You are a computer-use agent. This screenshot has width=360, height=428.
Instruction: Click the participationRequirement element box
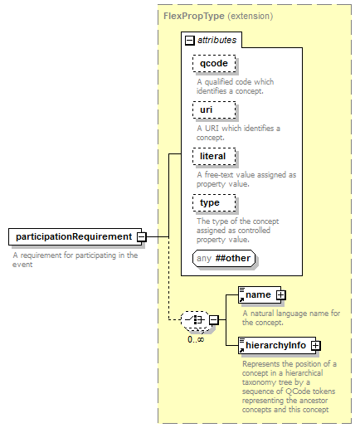click(x=75, y=236)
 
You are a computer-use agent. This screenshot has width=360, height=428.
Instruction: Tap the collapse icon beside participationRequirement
click(x=142, y=237)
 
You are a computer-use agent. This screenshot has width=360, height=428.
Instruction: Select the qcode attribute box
click(x=214, y=64)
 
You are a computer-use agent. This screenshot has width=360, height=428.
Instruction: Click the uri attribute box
click(x=214, y=110)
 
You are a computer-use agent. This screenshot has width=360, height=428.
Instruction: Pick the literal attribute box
click(x=214, y=157)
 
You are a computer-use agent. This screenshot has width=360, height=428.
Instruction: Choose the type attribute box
click(x=214, y=203)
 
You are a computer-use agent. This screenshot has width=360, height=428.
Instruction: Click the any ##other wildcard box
click(x=224, y=259)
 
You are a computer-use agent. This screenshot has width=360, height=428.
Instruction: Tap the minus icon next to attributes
click(x=190, y=41)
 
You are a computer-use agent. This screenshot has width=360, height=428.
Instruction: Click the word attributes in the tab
click(x=217, y=41)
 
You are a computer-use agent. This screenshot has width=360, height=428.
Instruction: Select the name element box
click(x=260, y=295)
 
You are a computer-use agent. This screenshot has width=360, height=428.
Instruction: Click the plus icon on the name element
click(x=280, y=295)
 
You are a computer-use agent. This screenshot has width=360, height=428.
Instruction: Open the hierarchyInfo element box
click(x=277, y=345)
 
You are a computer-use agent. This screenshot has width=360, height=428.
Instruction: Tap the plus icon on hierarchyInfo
click(x=315, y=345)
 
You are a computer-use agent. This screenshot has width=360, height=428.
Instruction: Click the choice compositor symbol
click(x=195, y=320)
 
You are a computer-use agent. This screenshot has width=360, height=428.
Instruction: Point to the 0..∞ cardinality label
click(x=196, y=339)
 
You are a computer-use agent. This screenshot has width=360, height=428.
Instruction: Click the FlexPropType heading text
click(x=194, y=16)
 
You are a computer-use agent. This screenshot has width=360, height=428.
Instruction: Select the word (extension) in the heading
click(x=251, y=16)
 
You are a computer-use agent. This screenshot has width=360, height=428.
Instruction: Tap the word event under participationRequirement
click(x=22, y=265)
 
